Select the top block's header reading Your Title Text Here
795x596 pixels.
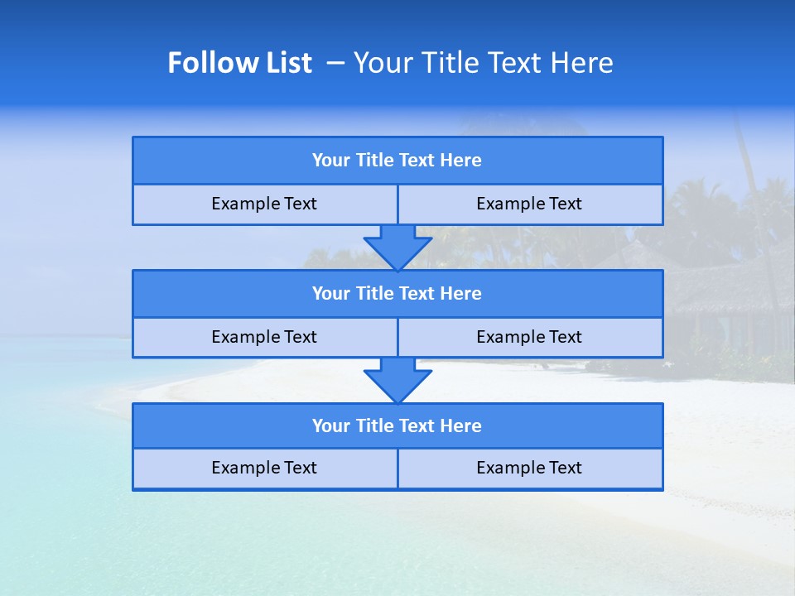397,161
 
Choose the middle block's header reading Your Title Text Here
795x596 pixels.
397,294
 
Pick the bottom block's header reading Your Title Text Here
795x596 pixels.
397,426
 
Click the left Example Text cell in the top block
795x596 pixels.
265,204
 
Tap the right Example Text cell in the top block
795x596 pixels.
530,204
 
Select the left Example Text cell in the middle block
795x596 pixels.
265,338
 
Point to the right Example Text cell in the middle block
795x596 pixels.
530,338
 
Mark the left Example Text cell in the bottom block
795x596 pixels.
265,469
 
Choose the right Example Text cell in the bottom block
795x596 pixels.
530,469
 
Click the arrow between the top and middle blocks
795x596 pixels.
397,247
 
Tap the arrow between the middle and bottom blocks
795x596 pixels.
397,380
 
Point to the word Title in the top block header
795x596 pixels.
375,161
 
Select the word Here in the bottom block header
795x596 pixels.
461,426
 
